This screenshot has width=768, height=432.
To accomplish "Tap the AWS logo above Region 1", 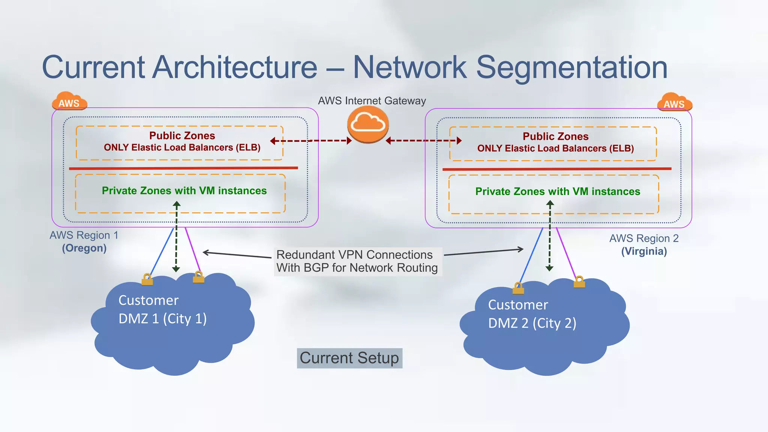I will [69, 101].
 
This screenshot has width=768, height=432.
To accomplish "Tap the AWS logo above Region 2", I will [674, 102].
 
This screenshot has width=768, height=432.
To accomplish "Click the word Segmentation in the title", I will [571, 67].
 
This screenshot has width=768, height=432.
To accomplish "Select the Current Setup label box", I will [349, 358].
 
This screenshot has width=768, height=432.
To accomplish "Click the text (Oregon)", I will [84, 248].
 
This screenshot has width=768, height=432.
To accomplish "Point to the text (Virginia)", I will [644, 251].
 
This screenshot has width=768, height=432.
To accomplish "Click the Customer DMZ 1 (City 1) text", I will [162, 309].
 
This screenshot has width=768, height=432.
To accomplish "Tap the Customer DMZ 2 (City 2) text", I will [532, 314].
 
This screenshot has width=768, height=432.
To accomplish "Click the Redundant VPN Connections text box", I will [357, 261].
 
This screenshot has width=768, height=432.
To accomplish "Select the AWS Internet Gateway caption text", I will [372, 101].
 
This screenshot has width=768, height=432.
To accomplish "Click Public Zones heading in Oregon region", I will [182, 135].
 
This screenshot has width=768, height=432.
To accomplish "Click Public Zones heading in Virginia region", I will [555, 136].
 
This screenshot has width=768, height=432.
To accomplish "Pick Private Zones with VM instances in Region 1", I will [184, 191].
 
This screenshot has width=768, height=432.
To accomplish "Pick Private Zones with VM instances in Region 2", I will [558, 192].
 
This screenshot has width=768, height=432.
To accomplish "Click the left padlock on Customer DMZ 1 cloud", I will [147, 280].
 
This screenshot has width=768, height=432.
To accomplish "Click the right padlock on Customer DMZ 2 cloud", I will [579, 282].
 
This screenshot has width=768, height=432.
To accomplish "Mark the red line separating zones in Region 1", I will [183, 168].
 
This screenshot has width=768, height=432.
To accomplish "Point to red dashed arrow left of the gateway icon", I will [311, 141].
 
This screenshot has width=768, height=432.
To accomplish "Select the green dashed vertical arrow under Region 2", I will [550, 236].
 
